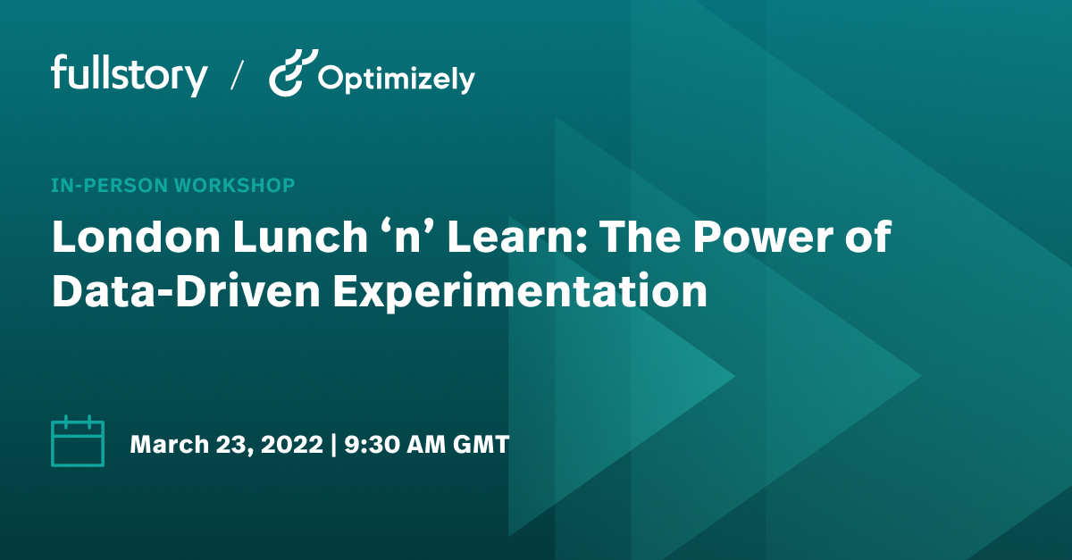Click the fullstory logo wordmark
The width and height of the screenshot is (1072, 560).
click(130, 75)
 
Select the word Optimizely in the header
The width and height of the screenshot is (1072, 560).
click(396, 79)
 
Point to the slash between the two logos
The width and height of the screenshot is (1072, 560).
click(238, 76)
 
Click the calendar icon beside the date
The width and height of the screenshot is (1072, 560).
click(78, 442)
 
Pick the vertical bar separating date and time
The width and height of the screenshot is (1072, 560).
click(334, 444)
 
